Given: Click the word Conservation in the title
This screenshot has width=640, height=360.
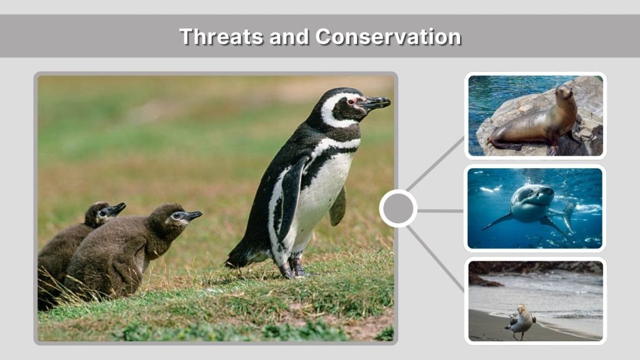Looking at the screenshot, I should [x=388, y=36].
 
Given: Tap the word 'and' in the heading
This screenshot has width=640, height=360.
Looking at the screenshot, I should [x=291, y=36].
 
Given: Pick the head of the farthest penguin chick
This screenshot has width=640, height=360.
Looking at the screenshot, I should [x=100, y=213].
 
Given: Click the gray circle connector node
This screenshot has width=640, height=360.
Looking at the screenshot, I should [x=398, y=208].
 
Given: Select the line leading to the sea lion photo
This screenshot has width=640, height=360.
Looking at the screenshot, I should [x=435, y=164].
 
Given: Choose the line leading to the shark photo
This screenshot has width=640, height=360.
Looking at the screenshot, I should [x=440, y=211].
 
